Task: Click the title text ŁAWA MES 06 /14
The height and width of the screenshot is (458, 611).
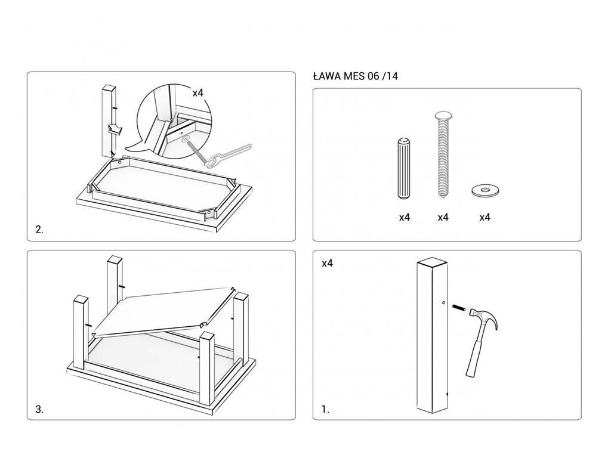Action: click(x=355, y=76)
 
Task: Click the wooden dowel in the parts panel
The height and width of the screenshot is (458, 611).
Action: click(x=403, y=170)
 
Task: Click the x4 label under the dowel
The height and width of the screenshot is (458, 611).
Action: click(x=405, y=218)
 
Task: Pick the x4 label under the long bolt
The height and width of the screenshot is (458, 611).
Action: click(x=443, y=218)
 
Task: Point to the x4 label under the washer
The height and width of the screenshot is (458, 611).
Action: click(x=485, y=218)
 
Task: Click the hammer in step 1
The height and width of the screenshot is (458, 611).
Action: click(x=480, y=340)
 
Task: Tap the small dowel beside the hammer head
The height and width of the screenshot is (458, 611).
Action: click(x=459, y=308)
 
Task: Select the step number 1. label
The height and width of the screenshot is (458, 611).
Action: click(x=325, y=410)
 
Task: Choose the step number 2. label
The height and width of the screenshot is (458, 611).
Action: click(x=39, y=230)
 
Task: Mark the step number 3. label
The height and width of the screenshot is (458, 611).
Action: click(x=39, y=410)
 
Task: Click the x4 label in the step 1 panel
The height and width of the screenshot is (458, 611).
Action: click(x=327, y=263)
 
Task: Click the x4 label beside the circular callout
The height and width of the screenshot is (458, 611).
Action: click(x=198, y=93)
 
